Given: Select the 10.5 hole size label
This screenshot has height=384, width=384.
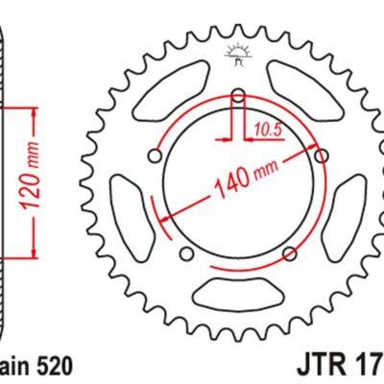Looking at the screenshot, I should click(x=268, y=126).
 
